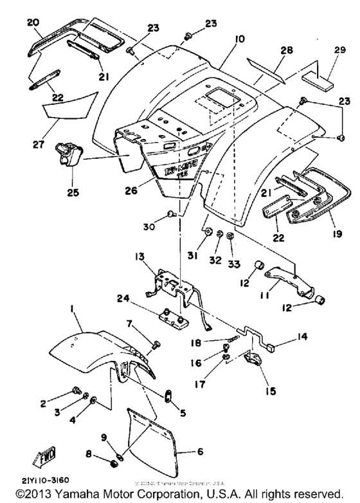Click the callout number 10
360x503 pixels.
tap(240, 40)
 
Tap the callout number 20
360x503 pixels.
tap(33, 22)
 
